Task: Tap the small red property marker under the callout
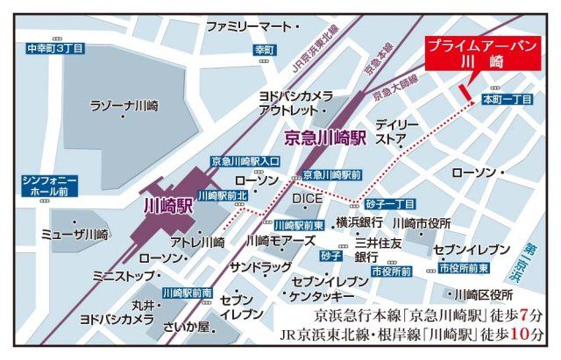pyautogui.click(x=465, y=89)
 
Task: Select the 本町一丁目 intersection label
pyautogui.click(x=508, y=101)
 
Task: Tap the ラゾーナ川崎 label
pyautogui.click(x=124, y=106)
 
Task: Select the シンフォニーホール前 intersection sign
pyautogui.click(x=48, y=185)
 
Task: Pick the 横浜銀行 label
pyautogui.click(x=359, y=222)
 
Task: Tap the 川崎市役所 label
pyautogui.click(x=422, y=222)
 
